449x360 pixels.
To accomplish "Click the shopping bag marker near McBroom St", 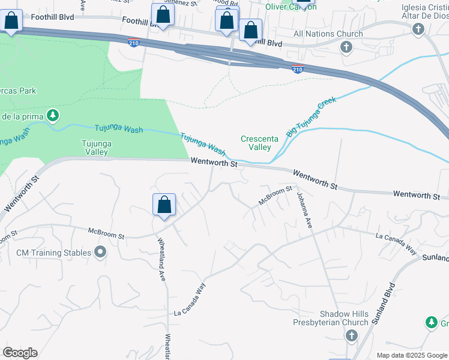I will tap(164, 205).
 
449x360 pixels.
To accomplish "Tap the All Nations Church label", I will tap(328, 34).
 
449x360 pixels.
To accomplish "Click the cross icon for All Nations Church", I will tap(346, 47).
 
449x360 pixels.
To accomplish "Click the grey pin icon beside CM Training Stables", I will tap(100, 253).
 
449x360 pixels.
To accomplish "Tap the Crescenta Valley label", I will tap(259, 143).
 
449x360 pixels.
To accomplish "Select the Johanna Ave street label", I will tap(304, 208).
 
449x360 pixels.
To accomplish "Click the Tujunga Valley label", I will tap(95, 147).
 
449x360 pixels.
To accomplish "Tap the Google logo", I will tap(20, 353).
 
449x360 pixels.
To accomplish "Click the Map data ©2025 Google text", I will tap(411, 355).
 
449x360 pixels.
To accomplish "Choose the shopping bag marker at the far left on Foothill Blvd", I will tap(11, 21).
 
